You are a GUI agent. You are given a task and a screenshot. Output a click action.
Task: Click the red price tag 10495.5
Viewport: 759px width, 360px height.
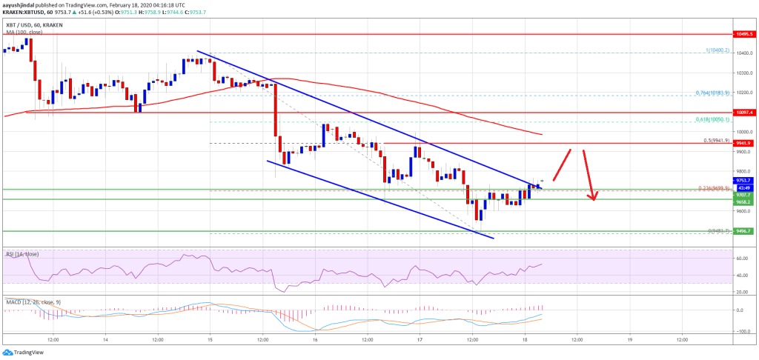tap(743, 34)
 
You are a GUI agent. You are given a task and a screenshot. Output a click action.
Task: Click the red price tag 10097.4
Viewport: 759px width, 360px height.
tap(743, 112)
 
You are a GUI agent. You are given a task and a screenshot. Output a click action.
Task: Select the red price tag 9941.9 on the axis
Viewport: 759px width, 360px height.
tap(743, 143)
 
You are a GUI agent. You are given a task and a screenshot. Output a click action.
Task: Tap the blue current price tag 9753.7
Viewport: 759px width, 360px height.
tap(743, 180)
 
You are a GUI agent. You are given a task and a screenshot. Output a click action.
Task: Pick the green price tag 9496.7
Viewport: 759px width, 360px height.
tap(743, 230)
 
